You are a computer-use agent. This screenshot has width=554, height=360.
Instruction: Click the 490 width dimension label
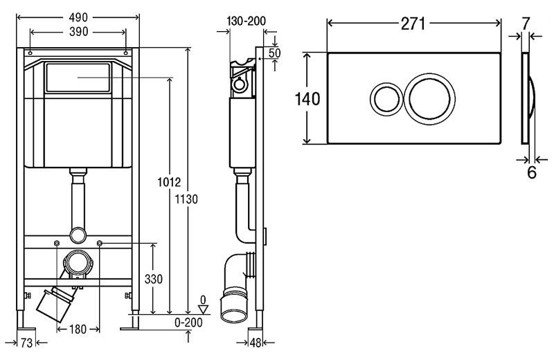tap(78, 16)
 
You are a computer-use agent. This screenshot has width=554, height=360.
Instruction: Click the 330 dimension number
tap(154, 279)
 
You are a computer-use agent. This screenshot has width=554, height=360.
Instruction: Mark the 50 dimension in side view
tap(275, 53)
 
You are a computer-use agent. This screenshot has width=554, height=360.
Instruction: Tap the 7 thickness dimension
tap(526, 22)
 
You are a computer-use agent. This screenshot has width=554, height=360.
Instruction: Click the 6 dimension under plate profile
tap(532, 172)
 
